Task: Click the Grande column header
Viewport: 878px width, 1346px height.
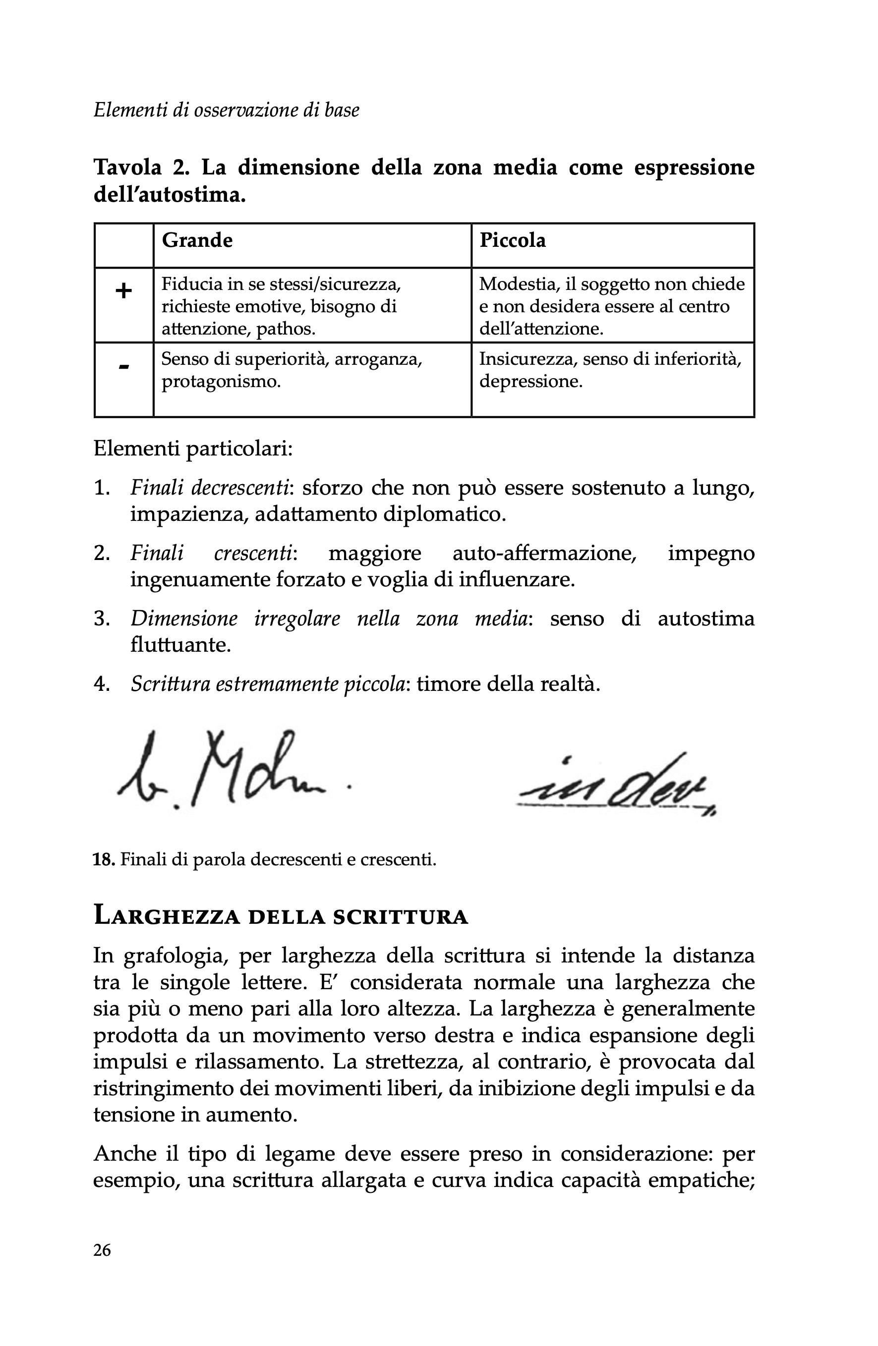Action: (x=197, y=240)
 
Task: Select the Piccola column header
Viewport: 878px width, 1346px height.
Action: (x=512, y=240)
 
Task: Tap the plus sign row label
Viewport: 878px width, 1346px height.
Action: (x=123, y=292)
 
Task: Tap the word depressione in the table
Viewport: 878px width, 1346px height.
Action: (x=530, y=381)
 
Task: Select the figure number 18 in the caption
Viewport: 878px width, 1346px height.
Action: (x=104, y=860)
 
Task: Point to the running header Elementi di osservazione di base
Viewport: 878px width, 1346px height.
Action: (x=226, y=110)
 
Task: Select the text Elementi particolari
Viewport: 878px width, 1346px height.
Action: (x=193, y=449)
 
